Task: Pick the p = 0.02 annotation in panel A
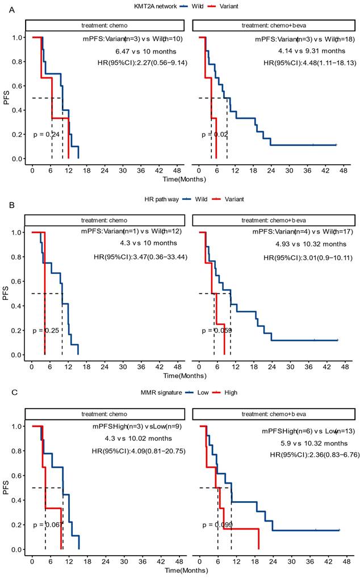pos(215,135)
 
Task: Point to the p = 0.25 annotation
pos(46,330)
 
